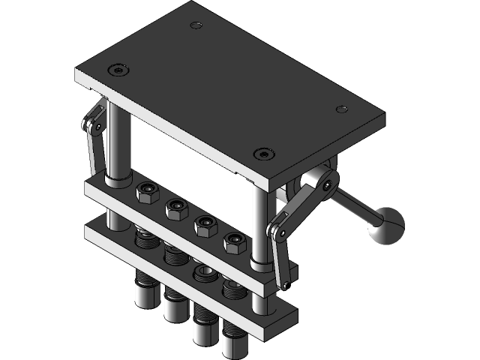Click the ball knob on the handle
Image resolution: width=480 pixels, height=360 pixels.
[x=385, y=226]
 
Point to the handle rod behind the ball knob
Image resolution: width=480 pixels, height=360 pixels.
[x=352, y=204]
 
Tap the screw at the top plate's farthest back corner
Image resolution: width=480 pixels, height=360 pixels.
[x=196, y=25]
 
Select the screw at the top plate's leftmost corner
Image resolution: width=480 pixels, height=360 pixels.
[x=117, y=70]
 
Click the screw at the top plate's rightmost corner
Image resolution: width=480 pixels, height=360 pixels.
[x=341, y=109]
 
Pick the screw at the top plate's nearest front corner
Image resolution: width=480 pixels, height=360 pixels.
[x=262, y=154]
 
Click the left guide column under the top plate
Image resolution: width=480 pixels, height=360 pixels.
[x=118, y=142]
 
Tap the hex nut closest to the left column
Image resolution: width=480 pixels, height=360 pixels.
[x=147, y=193]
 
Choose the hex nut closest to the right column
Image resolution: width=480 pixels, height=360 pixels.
[x=234, y=241]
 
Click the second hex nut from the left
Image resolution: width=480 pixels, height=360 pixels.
[x=176, y=208]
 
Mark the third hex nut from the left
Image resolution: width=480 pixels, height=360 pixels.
[x=205, y=225]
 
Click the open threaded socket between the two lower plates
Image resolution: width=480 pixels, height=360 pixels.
[x=203, y=273]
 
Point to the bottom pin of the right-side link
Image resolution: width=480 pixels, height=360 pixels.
[x=285, y=284]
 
